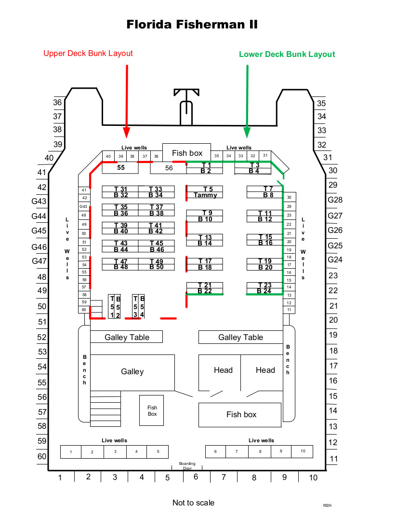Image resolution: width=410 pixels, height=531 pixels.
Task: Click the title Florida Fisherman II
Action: pyautogui.click(x=192, y=25)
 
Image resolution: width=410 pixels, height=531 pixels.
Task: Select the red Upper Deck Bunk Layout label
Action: pyautogui.click(x=88, y=54)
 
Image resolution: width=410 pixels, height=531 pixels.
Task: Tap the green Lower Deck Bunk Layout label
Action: pyautogui.click(x=287, y=54)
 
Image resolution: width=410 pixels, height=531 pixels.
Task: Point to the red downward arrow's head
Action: pyautogui.click(x=127, y=133)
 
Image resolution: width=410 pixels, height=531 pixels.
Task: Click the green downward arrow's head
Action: pyautogui.click(x=247, y=133)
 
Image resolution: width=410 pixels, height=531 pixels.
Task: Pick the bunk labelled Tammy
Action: pyautogui.click(x=205, y=192)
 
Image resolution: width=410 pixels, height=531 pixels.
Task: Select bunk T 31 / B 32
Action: pyautogui.click(x=120, y=192)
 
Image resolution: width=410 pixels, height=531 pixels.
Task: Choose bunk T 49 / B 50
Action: pyautogui.click(x=157, y=264)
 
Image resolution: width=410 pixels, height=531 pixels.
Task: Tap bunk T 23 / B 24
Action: pyautogui.click(x=265, y=288)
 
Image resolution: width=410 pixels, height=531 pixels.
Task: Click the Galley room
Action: pyautogui.click(x=132, y=372)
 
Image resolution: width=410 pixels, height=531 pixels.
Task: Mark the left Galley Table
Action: pyautogui.click(x=127, y=337)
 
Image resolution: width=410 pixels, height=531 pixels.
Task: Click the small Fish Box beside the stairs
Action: pyautogui.click(x=152, y=410)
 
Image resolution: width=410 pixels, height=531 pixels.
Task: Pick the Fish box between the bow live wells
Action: pyautogui.click(x=187, y=153)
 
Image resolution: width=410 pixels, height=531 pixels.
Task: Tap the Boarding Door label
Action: pyautogui.click(x=187, y=465)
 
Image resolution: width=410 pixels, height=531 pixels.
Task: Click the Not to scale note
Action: pyautogui.click(x=193, y=503)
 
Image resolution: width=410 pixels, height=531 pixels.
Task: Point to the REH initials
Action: pyautogui.click(x=327, y=505)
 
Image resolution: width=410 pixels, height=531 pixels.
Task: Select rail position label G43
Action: pyautogui.click(x=39, y=202)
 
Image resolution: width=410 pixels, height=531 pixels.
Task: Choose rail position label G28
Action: pyautogui.click(x=335, y=200)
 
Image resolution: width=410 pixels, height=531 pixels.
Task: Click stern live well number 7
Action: pyautogui.click(x=237, y=451)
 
